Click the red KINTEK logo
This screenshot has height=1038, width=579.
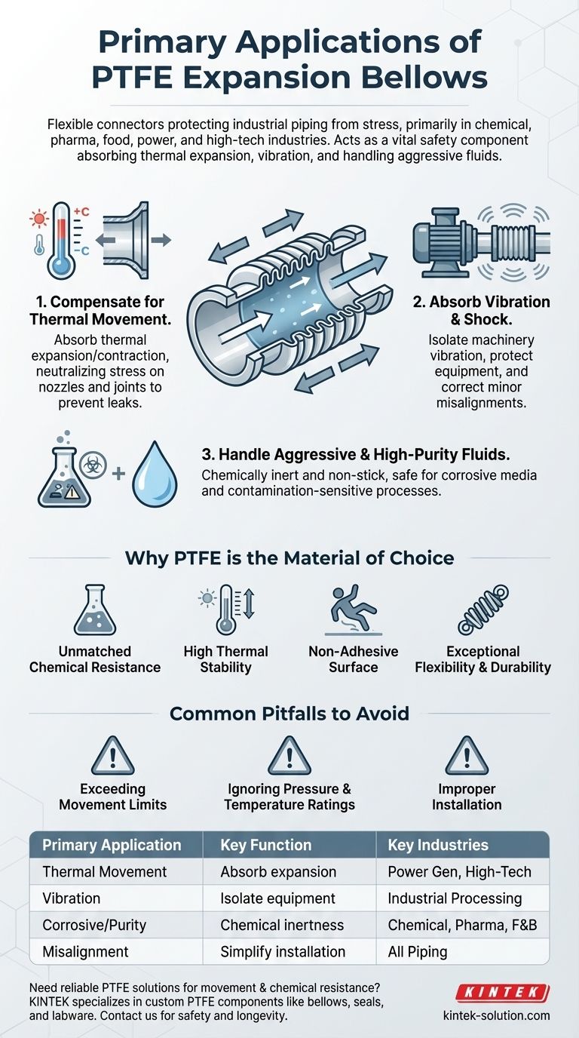[x=512, y=993]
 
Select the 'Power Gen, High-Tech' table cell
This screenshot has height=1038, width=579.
[x=459, y=871]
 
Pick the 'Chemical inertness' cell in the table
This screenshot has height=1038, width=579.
[x=281, y=924]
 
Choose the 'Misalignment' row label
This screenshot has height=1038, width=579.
[x=85, y=950]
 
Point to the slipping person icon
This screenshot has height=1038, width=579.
[x=351, y=608]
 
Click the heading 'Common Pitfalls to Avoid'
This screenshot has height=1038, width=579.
[x=289, y=712]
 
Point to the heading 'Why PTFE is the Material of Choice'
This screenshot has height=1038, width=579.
[x=289, y=557]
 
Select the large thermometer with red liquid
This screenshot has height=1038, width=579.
[x=60, y=241]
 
